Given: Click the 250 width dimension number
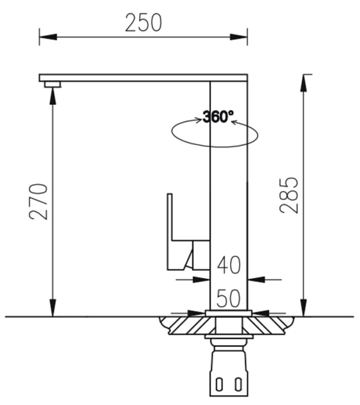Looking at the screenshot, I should click(143, 22).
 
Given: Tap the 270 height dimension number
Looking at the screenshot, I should click(39, 201).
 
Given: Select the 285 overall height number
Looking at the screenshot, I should click(289, 195).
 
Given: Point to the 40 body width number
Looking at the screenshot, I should click(229, 266).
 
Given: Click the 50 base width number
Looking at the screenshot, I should click(229, 299).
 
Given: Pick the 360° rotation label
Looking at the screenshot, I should click(218, 117).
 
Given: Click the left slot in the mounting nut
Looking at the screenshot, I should click(220, 384).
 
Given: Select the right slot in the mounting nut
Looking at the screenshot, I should click(238, 384).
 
